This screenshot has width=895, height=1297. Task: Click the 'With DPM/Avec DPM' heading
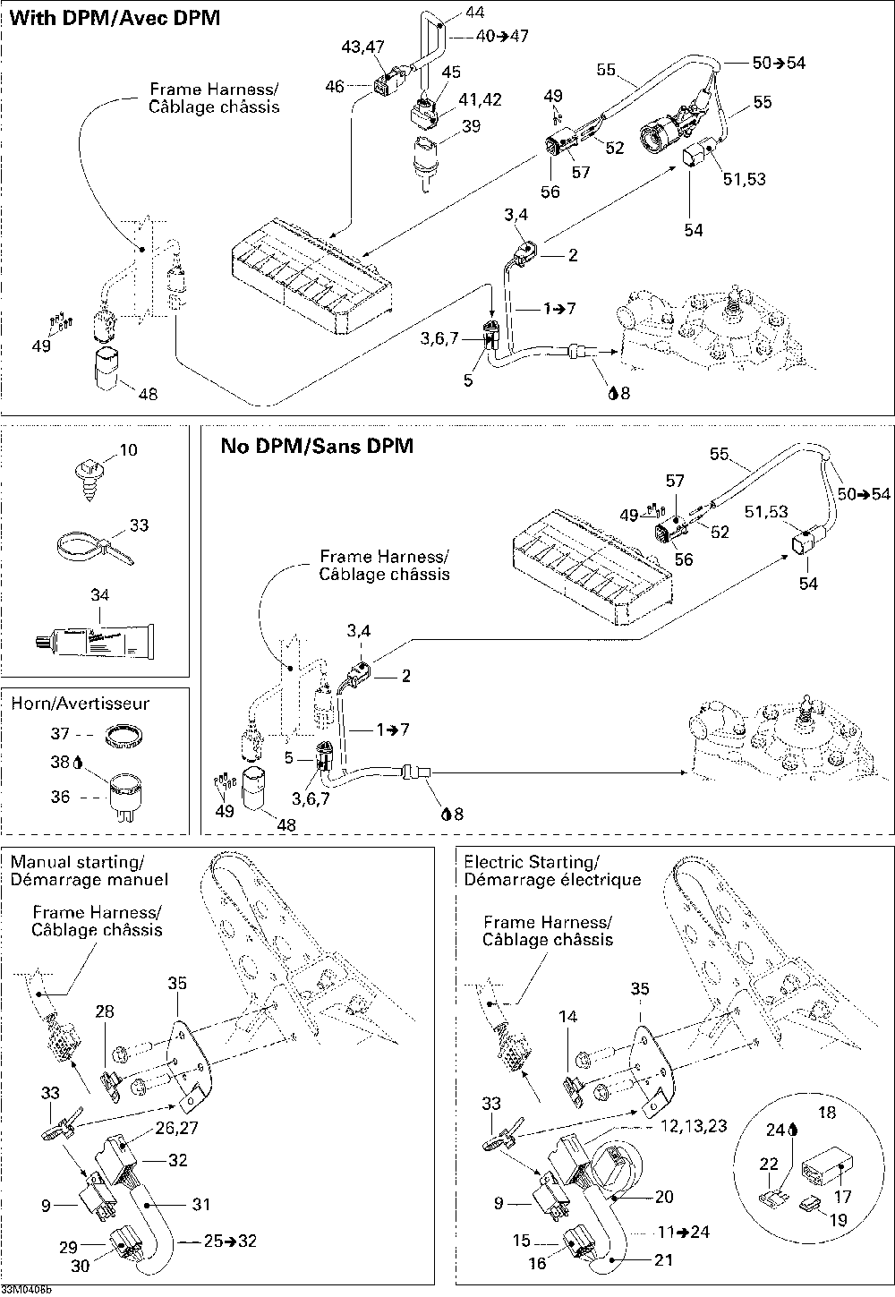point(115,18)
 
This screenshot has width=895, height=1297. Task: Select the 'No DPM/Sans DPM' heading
point(317,446)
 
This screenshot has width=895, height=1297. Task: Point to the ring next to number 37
point(124,736)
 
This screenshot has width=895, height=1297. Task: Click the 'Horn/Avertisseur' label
point(81,703)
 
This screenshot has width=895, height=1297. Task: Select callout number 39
point(472,125)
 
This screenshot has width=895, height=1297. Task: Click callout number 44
point(474,12)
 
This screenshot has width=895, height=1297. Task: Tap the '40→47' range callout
point(502,36)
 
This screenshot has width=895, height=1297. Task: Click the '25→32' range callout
point(230,1241)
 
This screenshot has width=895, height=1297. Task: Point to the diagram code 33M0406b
point(26,1290)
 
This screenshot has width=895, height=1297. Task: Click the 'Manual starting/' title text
point(77,862)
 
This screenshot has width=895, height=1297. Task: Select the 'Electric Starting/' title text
point(532,862)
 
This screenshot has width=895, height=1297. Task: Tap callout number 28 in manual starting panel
point(105,1011)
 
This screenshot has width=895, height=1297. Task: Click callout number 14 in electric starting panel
point(568,1016)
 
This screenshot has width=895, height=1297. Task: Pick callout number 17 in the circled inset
point(843,1195)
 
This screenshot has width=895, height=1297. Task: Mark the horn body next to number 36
point(126,792)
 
